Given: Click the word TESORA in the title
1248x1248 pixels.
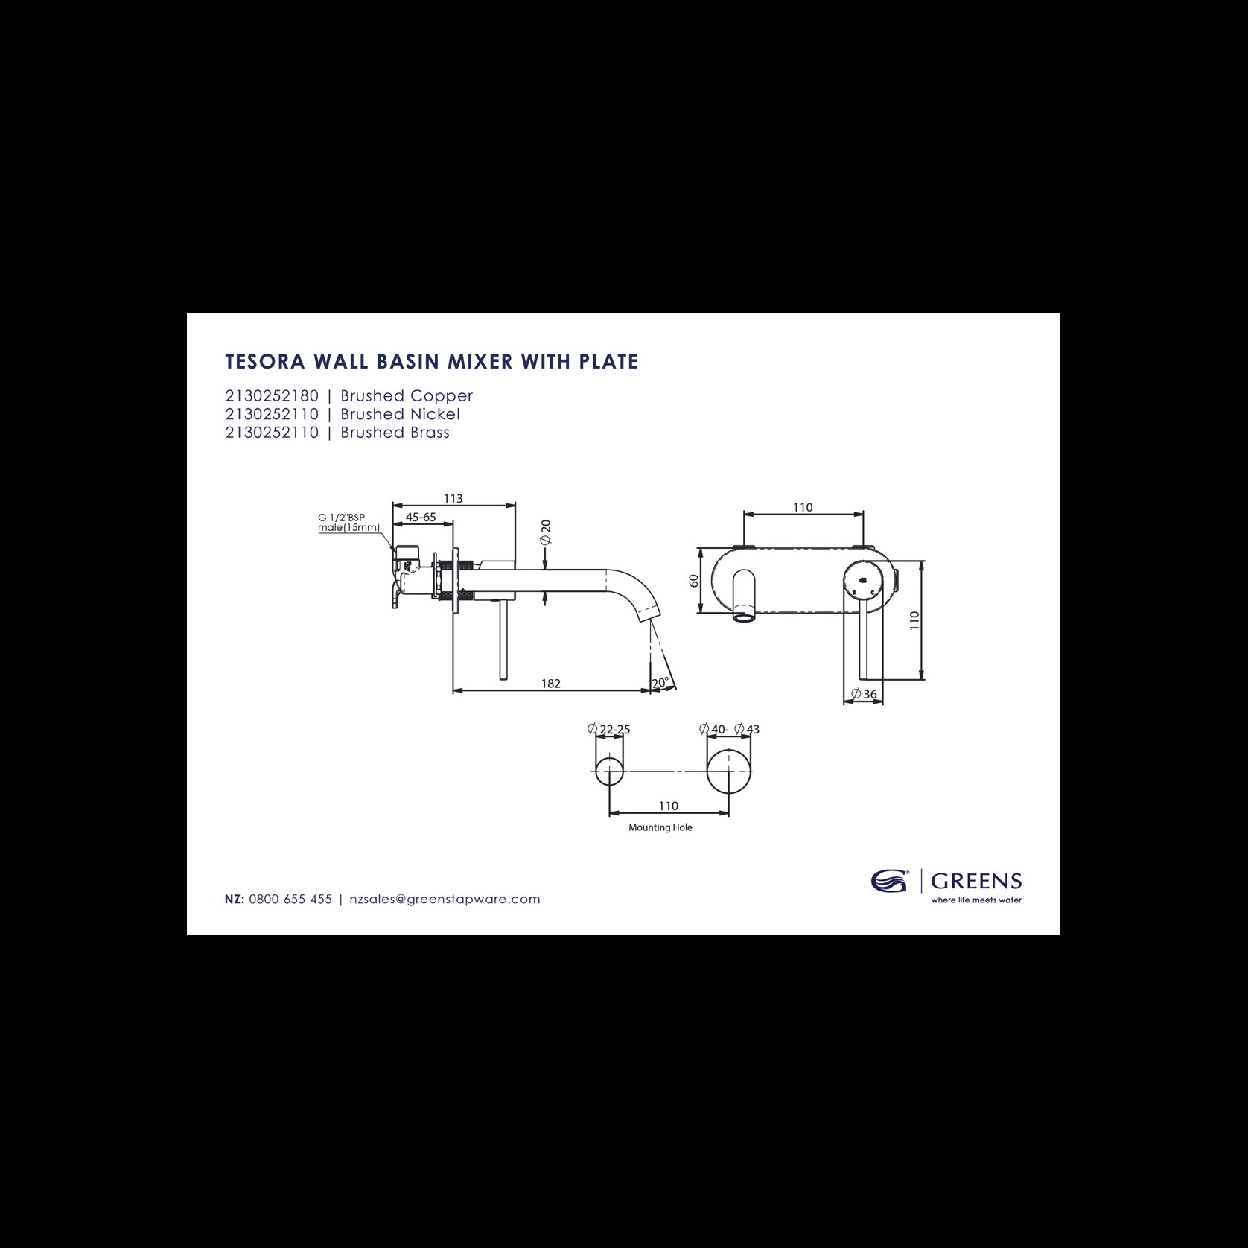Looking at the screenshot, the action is [262, 362].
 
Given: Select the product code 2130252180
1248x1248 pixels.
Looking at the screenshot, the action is [272, 396].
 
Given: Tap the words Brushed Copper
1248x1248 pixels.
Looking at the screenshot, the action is [407, 397].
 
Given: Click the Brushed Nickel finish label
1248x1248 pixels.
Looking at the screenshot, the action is [401, 414].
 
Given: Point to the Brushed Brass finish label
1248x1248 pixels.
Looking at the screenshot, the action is [395, 433].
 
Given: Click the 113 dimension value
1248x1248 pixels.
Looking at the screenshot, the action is [453, 498].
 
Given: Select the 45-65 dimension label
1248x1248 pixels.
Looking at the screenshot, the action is [421, 516].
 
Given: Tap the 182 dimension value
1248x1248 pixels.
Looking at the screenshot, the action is [550, 684].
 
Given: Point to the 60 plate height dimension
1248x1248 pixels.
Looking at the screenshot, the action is [695, 581].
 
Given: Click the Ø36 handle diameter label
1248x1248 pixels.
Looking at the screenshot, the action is [864, 694].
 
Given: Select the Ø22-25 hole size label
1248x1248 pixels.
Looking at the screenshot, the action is [608, 729].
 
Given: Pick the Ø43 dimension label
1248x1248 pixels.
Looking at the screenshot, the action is [747, 729].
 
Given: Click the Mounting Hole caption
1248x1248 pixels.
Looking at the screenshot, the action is [660, 827].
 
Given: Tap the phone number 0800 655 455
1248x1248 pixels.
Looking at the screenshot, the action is [290, 900].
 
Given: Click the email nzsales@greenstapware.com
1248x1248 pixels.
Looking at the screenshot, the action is [445, 900].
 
